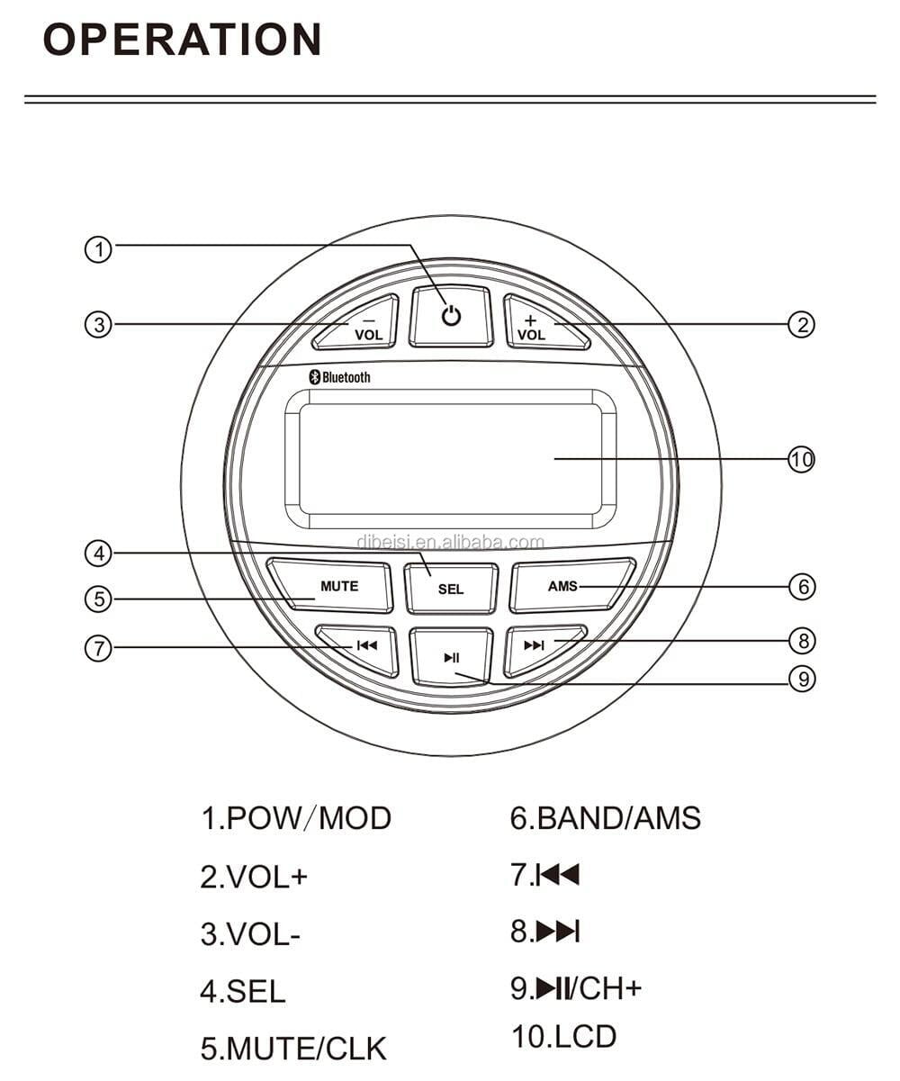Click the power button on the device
[x=451, y=317]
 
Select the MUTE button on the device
[x=331, y=585]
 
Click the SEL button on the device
[x=451, y=588]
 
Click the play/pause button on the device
[x=451, y=656]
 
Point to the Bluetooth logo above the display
[x=339, y=377]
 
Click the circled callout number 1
[x=98, y=249]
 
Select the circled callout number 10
[x=801, y=459]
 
